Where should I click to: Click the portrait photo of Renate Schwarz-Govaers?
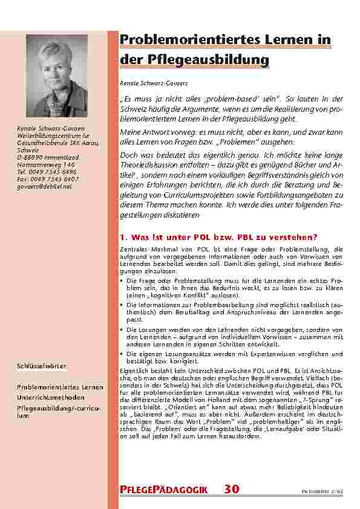click(x=57, y=75)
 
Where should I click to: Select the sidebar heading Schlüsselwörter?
click(x=41, y=366)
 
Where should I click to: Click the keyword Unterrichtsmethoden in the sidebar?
click(x=51, y=398)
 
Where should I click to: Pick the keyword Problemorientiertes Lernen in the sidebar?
click(x=59, y=386)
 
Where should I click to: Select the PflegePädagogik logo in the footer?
click(x=165, y=490)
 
